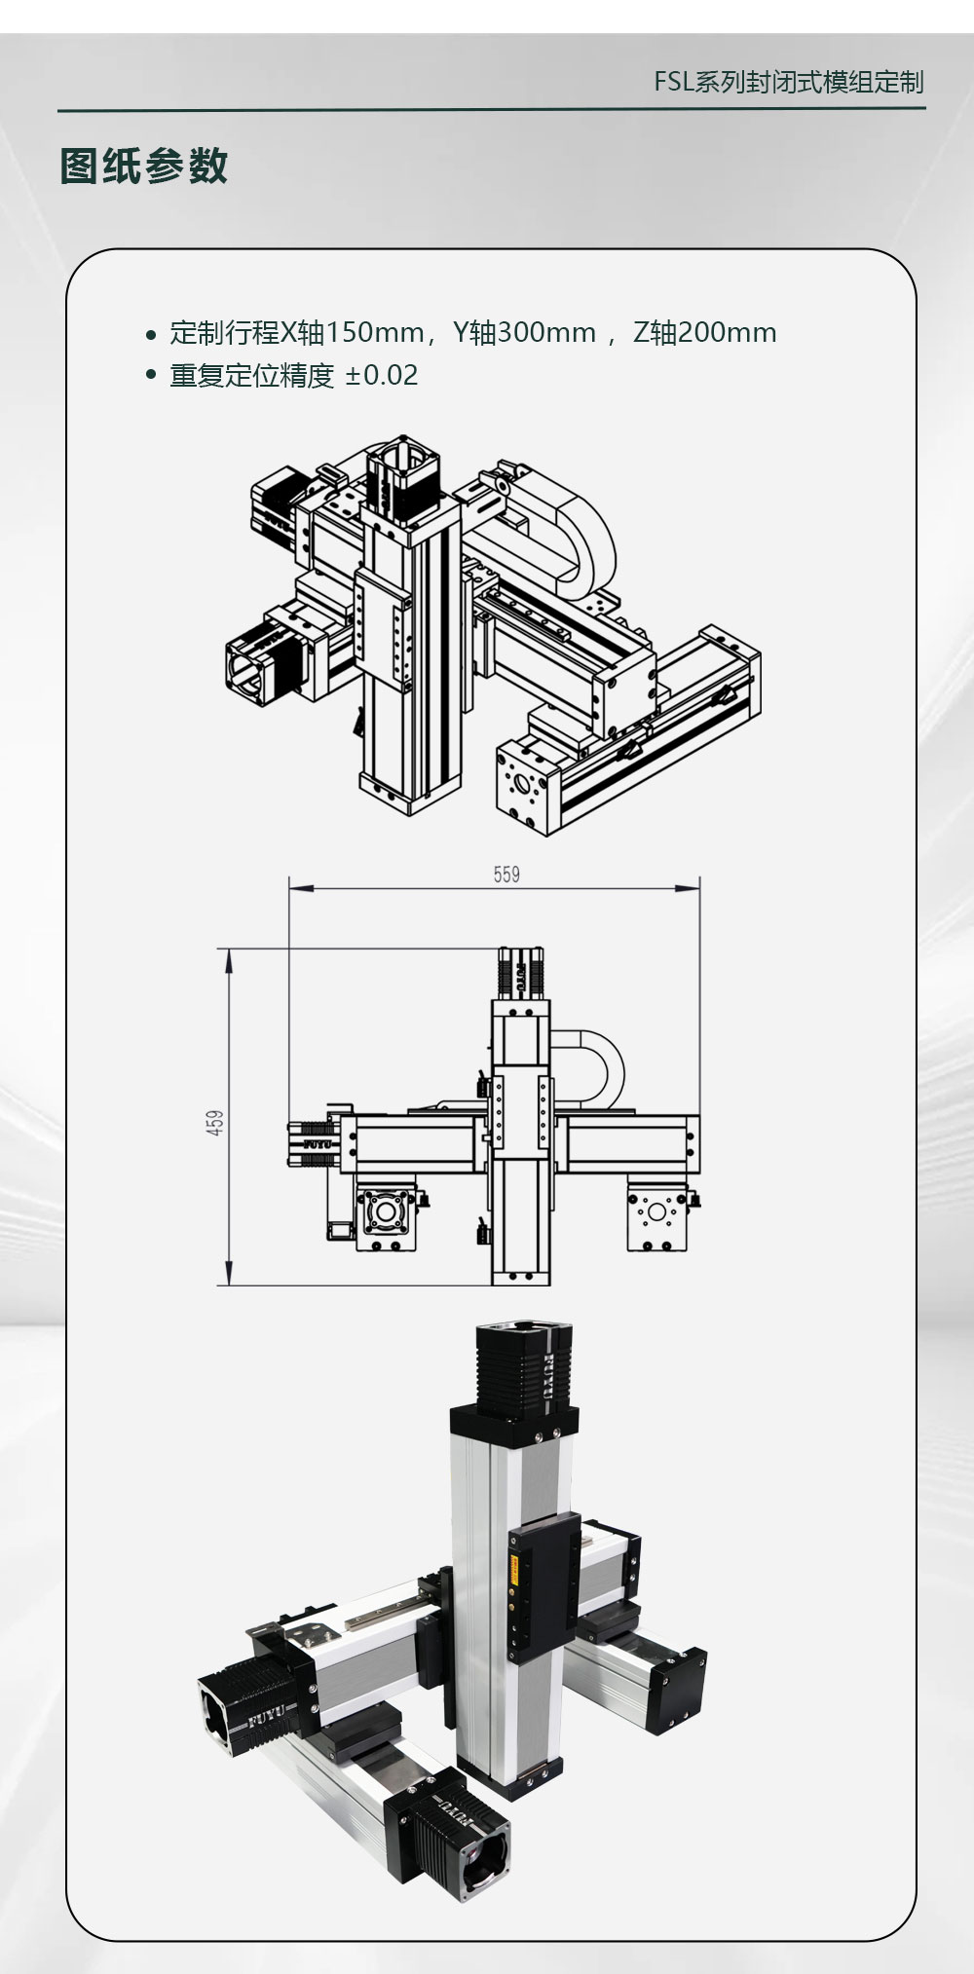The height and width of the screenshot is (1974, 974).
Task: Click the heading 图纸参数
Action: [144, 166]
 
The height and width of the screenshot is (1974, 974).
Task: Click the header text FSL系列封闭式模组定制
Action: [789, 82]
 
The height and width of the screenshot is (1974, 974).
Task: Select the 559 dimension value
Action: [506, 875]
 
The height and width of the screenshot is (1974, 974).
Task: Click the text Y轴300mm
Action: [524, 333]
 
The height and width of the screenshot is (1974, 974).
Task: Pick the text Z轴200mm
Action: [705, 333]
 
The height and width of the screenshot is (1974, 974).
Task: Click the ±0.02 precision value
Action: [382, 375]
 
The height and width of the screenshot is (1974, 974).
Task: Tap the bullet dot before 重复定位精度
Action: [150, 376]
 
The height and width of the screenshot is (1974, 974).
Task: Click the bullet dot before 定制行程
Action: [150, 335]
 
